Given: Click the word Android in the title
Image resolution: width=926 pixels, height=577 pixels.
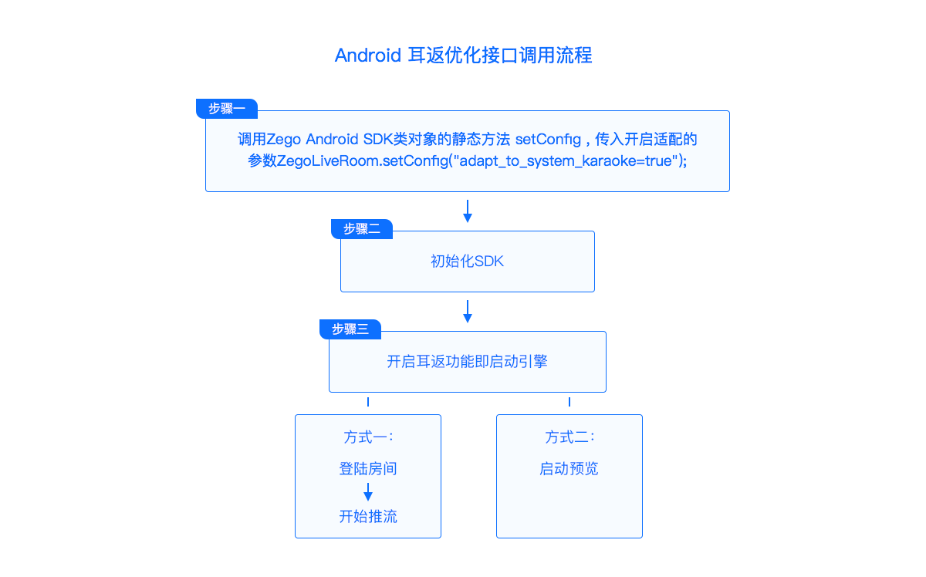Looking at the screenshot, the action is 367,56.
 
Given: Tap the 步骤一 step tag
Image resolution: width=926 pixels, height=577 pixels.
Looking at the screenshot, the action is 227,109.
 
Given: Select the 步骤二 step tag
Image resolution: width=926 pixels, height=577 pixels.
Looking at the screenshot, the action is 362,229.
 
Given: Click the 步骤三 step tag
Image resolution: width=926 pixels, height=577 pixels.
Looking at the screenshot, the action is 350,329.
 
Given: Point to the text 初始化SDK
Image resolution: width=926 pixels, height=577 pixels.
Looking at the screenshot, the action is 467,262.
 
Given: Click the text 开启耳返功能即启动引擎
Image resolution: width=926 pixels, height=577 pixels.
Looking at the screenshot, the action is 467,362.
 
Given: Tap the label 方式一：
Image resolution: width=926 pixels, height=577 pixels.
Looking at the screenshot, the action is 368,437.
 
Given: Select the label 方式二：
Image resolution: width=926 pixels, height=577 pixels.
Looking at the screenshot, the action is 569,437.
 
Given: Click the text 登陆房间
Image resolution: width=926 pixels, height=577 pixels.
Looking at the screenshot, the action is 368,469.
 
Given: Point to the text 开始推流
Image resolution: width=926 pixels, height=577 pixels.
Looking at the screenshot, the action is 368,516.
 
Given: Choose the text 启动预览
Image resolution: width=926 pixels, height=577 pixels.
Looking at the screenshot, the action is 569,469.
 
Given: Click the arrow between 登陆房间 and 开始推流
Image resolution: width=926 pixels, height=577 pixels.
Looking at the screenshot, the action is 368,492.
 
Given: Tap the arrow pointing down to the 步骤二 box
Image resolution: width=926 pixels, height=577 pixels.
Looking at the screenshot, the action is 468,211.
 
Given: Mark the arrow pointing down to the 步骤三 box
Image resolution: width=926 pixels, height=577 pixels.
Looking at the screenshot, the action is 468,312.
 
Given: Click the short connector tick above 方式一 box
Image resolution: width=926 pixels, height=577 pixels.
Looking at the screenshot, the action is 368,402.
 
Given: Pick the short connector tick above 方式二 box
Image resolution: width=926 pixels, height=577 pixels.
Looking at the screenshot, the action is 569,402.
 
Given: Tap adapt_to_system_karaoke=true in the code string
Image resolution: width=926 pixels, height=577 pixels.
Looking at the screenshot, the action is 566,161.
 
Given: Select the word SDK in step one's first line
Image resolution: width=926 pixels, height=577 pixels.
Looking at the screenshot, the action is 378,140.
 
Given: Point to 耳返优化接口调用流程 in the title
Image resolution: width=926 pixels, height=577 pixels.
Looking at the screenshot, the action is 500,56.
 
